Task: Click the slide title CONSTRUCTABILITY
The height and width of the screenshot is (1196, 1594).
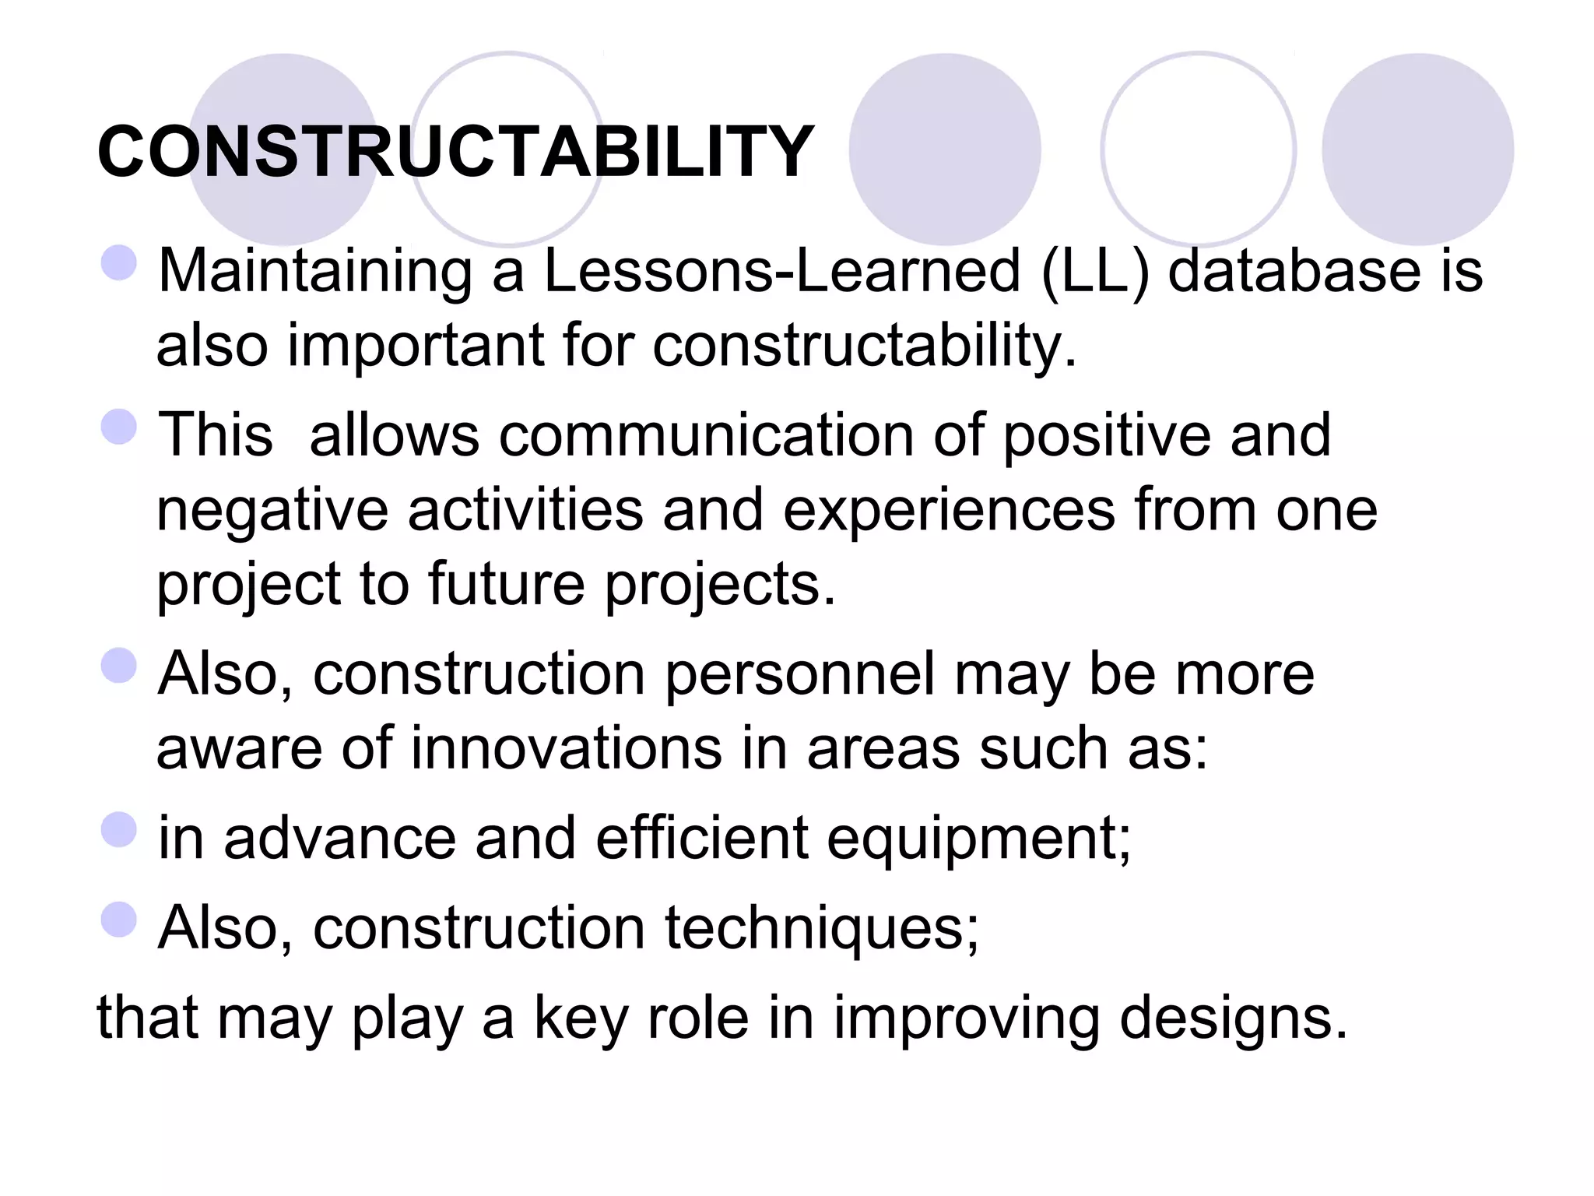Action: pyautogui.click(x=455, y=152)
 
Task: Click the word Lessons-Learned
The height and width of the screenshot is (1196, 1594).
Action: pyautogui.click(x=781, y=271)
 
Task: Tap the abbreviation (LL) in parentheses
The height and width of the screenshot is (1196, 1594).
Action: pyautogui.click(x=1094, y=271)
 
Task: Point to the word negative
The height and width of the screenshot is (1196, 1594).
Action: pyautogui.click(x=272, y=511)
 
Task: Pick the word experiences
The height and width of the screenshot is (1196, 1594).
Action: pyautogui.click(x=949, y=511)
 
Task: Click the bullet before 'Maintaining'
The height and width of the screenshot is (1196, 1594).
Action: pyautogui.click(x=119, y=262)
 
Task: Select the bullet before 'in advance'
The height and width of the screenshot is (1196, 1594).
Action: pyautogui.click(x=119, y=829)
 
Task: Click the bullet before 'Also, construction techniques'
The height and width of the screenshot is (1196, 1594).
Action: pyautogui.click(x=119, y=920)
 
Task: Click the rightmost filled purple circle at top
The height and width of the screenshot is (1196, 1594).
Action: pyautogui.click(x=1417, y=149)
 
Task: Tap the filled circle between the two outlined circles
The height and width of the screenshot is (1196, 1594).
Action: pyautogui.click(x=944, y=149)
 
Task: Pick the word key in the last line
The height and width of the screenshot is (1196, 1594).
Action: pyautogui.click(x=580, y=1018)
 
